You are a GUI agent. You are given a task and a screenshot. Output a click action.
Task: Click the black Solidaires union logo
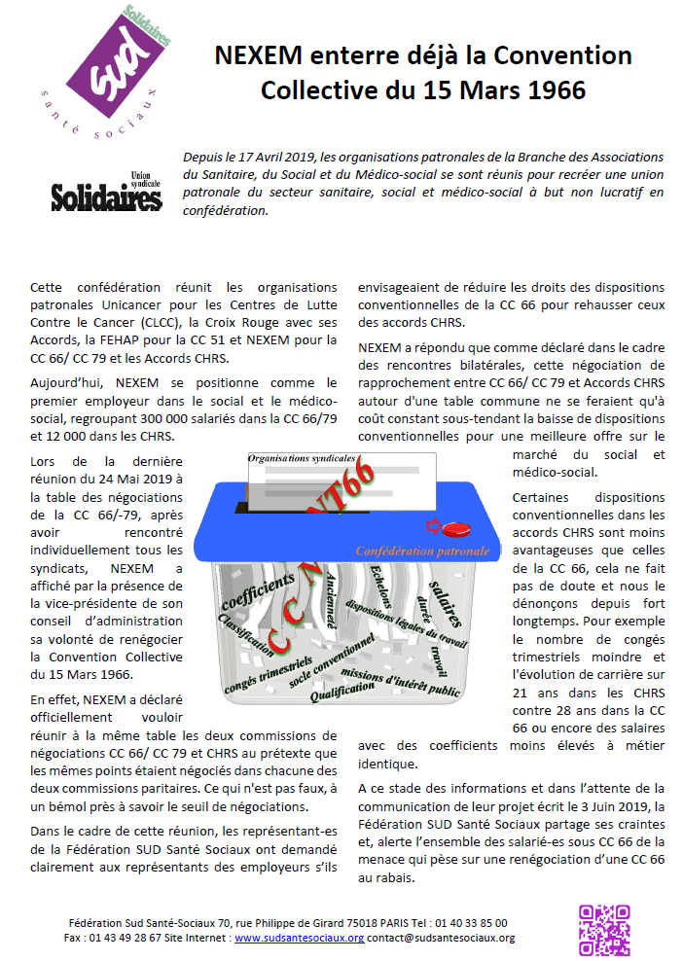[106, 196]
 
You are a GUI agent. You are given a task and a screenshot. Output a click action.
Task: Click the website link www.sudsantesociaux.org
[299, 939]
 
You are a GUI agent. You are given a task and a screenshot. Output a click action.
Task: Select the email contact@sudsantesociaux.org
[441, 939]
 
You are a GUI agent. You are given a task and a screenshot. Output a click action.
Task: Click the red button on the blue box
[454, 529]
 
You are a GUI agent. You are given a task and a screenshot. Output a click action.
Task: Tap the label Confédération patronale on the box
[422, 552]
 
